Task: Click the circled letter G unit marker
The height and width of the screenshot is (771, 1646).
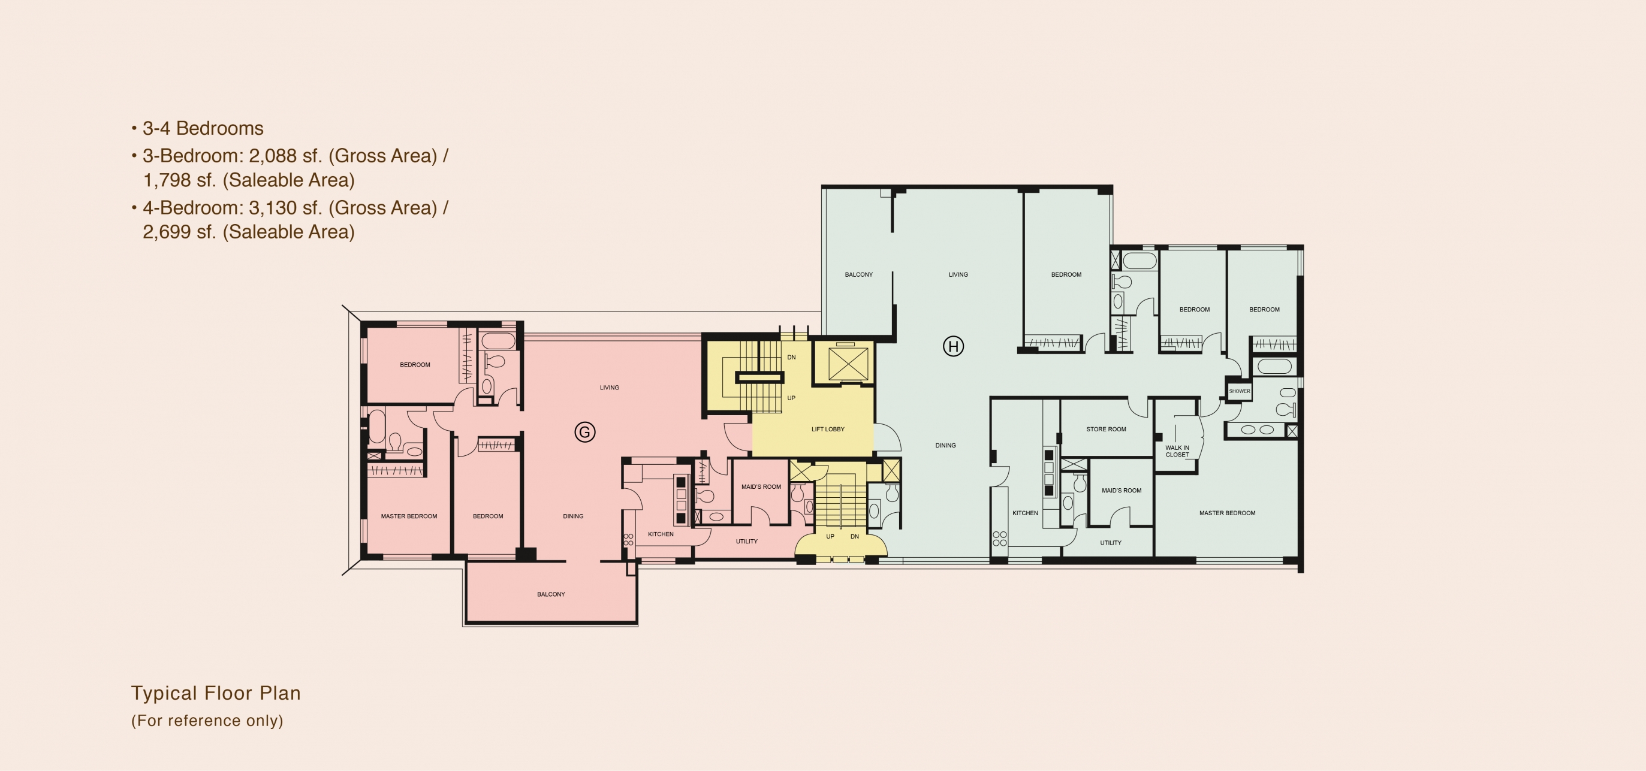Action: point(584,433)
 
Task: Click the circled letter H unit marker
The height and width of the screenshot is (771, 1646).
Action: point(953,346)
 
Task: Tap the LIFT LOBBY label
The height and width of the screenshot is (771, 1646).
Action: point(828,430)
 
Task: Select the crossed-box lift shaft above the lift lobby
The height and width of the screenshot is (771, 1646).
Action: point(848,364)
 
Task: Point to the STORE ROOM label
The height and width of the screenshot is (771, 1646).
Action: point(1106,430)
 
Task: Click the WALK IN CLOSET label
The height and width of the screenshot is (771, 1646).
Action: point(1177,451)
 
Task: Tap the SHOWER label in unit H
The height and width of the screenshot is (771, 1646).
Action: point(1240,391)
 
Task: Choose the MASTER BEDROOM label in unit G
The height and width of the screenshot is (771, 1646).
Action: point(409,516)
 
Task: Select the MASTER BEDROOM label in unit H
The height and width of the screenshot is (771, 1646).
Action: point(1227,513)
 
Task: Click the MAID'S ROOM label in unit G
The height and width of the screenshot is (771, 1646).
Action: point(761,487)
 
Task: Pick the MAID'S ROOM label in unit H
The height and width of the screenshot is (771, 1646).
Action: point(1122,491)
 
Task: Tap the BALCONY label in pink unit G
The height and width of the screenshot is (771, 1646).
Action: point(551,594)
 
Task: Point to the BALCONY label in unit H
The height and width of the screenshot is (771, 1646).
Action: point(859,275)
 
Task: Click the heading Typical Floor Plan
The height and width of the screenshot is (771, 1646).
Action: point(216,693)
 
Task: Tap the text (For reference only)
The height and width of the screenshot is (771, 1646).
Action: point(207,721)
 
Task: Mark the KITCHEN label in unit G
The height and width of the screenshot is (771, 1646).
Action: point(661,534)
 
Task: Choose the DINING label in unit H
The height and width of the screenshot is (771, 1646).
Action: point(946,445)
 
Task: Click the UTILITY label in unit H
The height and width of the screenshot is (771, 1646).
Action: point(1111,543)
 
